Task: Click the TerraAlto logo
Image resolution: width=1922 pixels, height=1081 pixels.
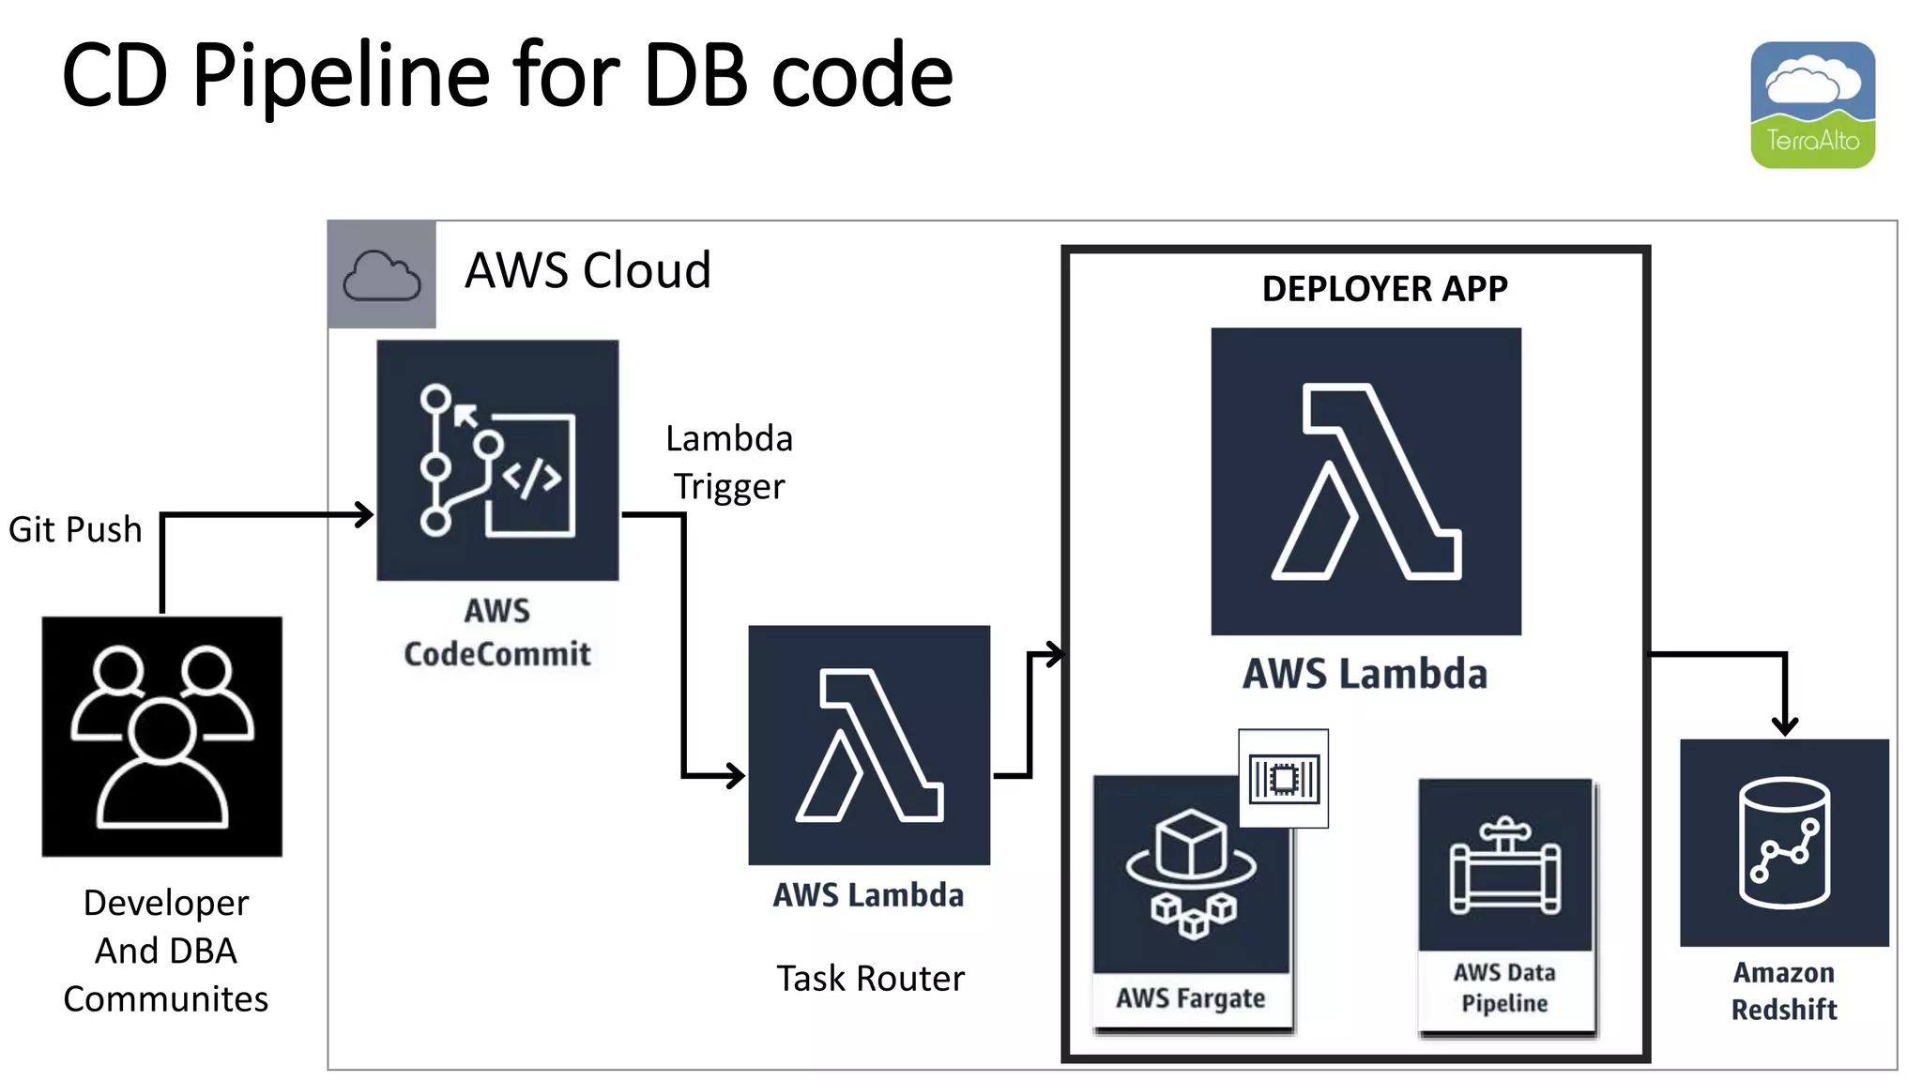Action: click(x=1812, y=104)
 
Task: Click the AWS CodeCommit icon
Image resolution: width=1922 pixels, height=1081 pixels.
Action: click(x=497, y=460)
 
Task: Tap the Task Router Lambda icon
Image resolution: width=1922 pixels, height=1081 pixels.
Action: click(x=869, y=745)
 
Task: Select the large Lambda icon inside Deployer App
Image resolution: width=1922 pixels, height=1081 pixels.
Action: click(x=1365, y=481)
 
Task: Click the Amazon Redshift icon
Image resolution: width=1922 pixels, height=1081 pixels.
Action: click(x=1784, y=843)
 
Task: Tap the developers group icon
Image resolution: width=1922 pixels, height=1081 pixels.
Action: click(x=161, y=737)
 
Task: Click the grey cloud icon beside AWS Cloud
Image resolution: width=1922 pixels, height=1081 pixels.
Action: click(x=382, y=275)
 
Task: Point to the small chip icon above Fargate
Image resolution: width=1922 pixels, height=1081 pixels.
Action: click(x=1284, y=779)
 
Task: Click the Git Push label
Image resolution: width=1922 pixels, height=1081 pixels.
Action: click(x=75, y=530)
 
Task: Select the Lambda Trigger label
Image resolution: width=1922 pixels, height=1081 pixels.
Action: click(x=729, y=462)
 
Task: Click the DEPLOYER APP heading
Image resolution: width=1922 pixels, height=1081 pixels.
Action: click(x=1384, y=288)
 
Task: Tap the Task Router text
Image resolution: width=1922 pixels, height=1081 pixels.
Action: click(x=870, y=979)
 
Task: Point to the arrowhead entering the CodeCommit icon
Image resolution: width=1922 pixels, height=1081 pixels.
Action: click(x=365, y=514)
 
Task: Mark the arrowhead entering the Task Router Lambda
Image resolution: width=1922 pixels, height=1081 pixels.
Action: click(x=736, y=775)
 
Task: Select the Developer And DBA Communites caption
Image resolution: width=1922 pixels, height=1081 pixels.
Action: click(x=166, y=951)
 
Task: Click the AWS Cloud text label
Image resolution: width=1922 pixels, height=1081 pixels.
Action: click(x=587, y=270)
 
